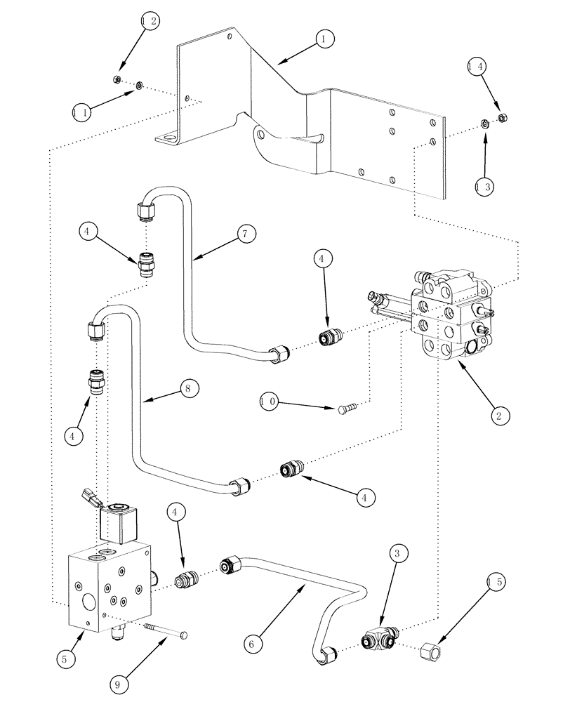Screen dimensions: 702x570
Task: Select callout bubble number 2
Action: [499, 416]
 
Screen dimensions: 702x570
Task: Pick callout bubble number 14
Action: [477, 67]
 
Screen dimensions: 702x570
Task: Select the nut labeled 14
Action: [502, 117]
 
